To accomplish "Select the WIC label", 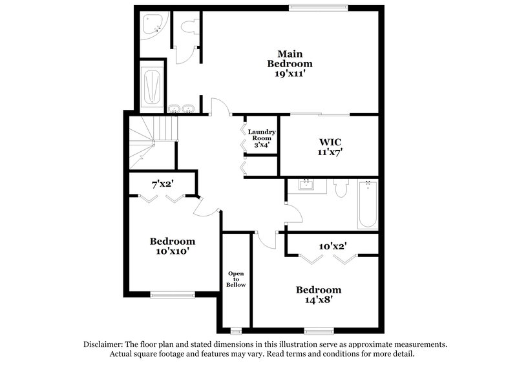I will coord(330,141).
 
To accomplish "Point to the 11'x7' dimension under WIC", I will coord(330,152).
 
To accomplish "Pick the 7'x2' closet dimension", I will coord(163,185).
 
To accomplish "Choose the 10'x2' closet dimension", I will coord(333,246).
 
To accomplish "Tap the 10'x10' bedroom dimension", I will coord(173,251).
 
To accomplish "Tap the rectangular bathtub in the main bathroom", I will coord(152,87).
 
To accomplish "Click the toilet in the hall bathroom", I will coord(341,189).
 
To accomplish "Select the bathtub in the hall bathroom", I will coord(367,204).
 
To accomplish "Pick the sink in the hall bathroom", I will coord(306,186).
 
